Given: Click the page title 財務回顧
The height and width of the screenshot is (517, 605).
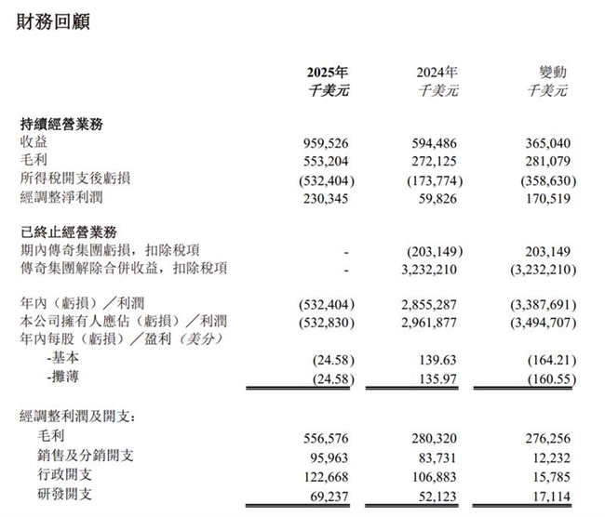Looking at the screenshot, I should pyautogui.click(x=54, y=21).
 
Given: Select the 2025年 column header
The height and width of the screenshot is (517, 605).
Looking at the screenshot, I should pyautogui.click(x=329, y=72).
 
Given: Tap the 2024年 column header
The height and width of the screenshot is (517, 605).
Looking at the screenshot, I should pyautogui.click(x=437, y=72).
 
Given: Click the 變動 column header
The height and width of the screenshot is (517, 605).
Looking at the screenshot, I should pyautogui.click(x=553, y=72).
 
